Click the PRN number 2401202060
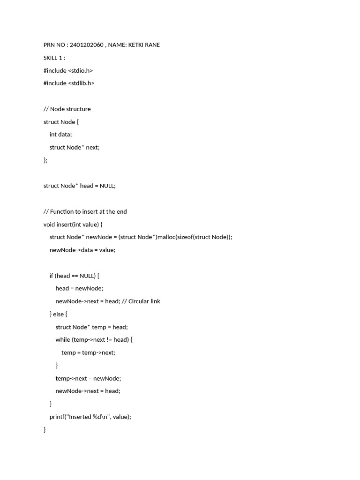click(x=87, y=45)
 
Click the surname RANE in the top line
click(x=152, y=45)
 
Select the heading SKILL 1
click(x=54, y=58)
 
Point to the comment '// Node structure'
click(x=67, y=109)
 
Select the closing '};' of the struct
click(x=45, y=160)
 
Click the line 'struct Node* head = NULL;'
click(x=79, y=186)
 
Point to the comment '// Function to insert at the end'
click(x=85, y=211)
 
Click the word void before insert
click(x=49, y=224)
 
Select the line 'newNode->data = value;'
click(x=82, y=250)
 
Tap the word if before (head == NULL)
click(x=52, y=276)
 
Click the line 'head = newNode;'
click(x=79, y=288)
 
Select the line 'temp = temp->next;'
click(x=88, y=352)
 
